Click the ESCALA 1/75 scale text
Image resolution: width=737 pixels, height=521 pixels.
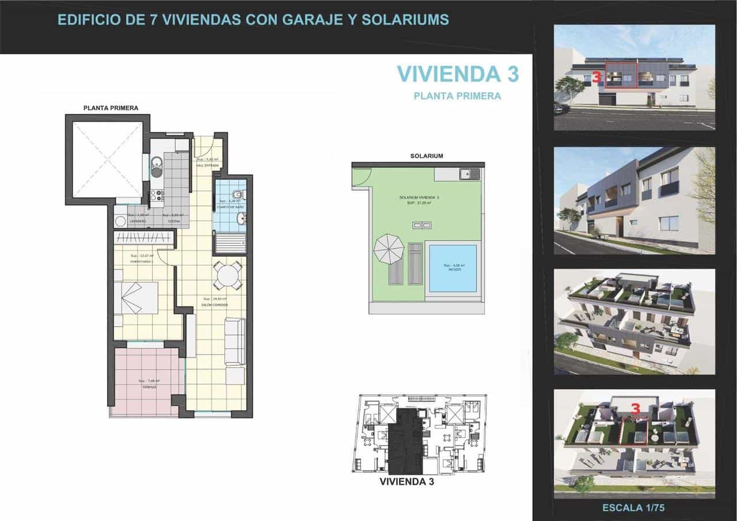click(x=633, y=508)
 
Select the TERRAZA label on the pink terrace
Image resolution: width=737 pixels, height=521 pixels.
click(x=149, y=387)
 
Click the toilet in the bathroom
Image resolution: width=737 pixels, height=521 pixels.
click(x=238, y=193)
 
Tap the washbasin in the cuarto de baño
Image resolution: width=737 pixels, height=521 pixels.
click(x=242, y=218)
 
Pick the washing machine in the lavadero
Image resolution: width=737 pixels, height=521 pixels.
click(x=120, y=220)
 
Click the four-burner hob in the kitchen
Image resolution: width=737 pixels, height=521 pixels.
click(x=157, y=196)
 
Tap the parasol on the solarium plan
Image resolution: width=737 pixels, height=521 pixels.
click(x=389, y=249)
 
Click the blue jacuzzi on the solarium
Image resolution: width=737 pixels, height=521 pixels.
click(x=453, y=268)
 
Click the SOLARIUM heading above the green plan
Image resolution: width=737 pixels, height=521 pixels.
click(x=427, y=156)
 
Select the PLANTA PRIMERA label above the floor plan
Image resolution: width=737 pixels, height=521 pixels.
click(x=111, y=108)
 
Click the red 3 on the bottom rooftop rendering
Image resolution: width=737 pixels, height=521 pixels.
click(x=636, y=409)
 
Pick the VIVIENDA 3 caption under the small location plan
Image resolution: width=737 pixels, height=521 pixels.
click(x=407, y=482)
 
